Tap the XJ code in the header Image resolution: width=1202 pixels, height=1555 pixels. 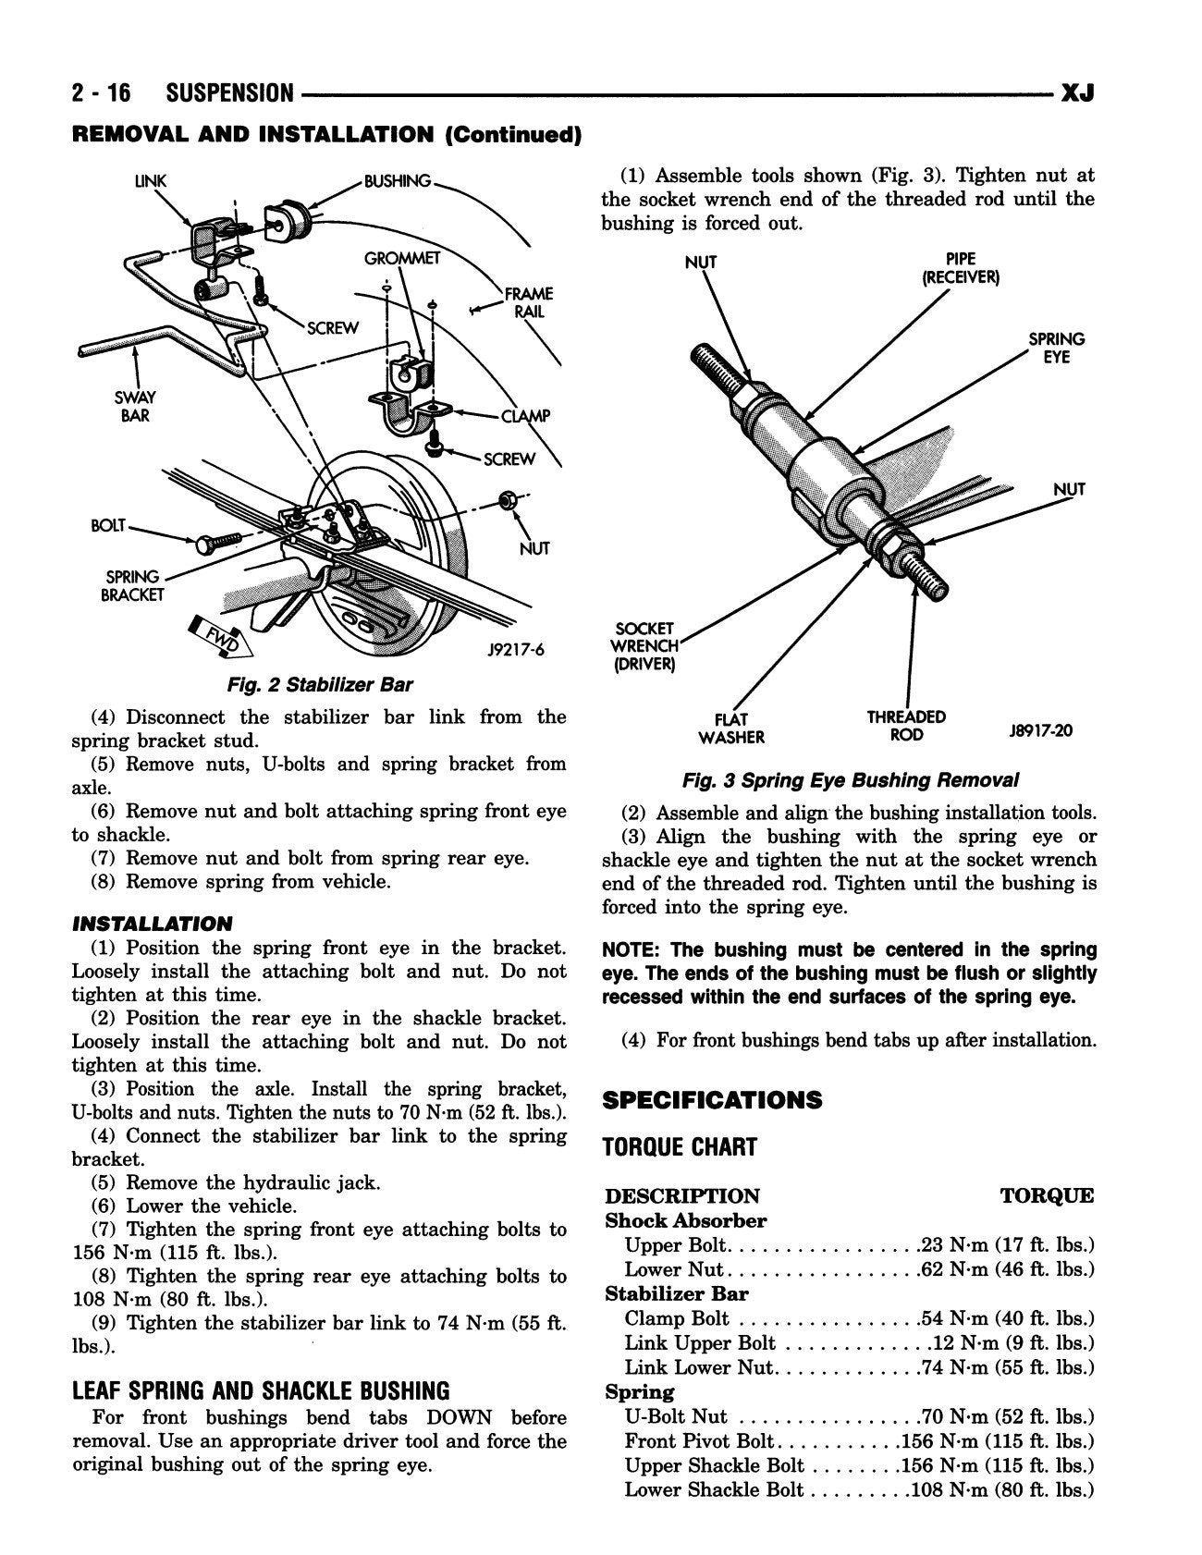1077,93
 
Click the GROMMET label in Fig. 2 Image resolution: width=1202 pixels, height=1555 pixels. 402,258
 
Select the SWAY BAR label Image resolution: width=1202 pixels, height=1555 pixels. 135,407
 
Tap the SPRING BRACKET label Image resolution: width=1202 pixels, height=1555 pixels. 131,585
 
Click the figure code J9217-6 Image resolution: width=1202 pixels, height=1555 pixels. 516,650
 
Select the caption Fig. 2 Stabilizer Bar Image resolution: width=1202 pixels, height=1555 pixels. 319,685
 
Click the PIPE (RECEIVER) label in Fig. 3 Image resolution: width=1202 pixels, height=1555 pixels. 961,268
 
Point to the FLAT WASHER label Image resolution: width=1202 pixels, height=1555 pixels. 731,728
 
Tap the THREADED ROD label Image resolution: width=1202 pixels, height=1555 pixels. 906,725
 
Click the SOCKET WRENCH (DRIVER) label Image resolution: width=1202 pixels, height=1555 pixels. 645,646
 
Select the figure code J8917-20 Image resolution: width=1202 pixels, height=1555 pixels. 1041,730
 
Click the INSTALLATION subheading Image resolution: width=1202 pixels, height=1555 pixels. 153,924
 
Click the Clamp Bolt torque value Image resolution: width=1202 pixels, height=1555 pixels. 1007,1319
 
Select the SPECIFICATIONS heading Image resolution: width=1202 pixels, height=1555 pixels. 711,1100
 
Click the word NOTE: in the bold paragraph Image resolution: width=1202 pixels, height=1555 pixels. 632,950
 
